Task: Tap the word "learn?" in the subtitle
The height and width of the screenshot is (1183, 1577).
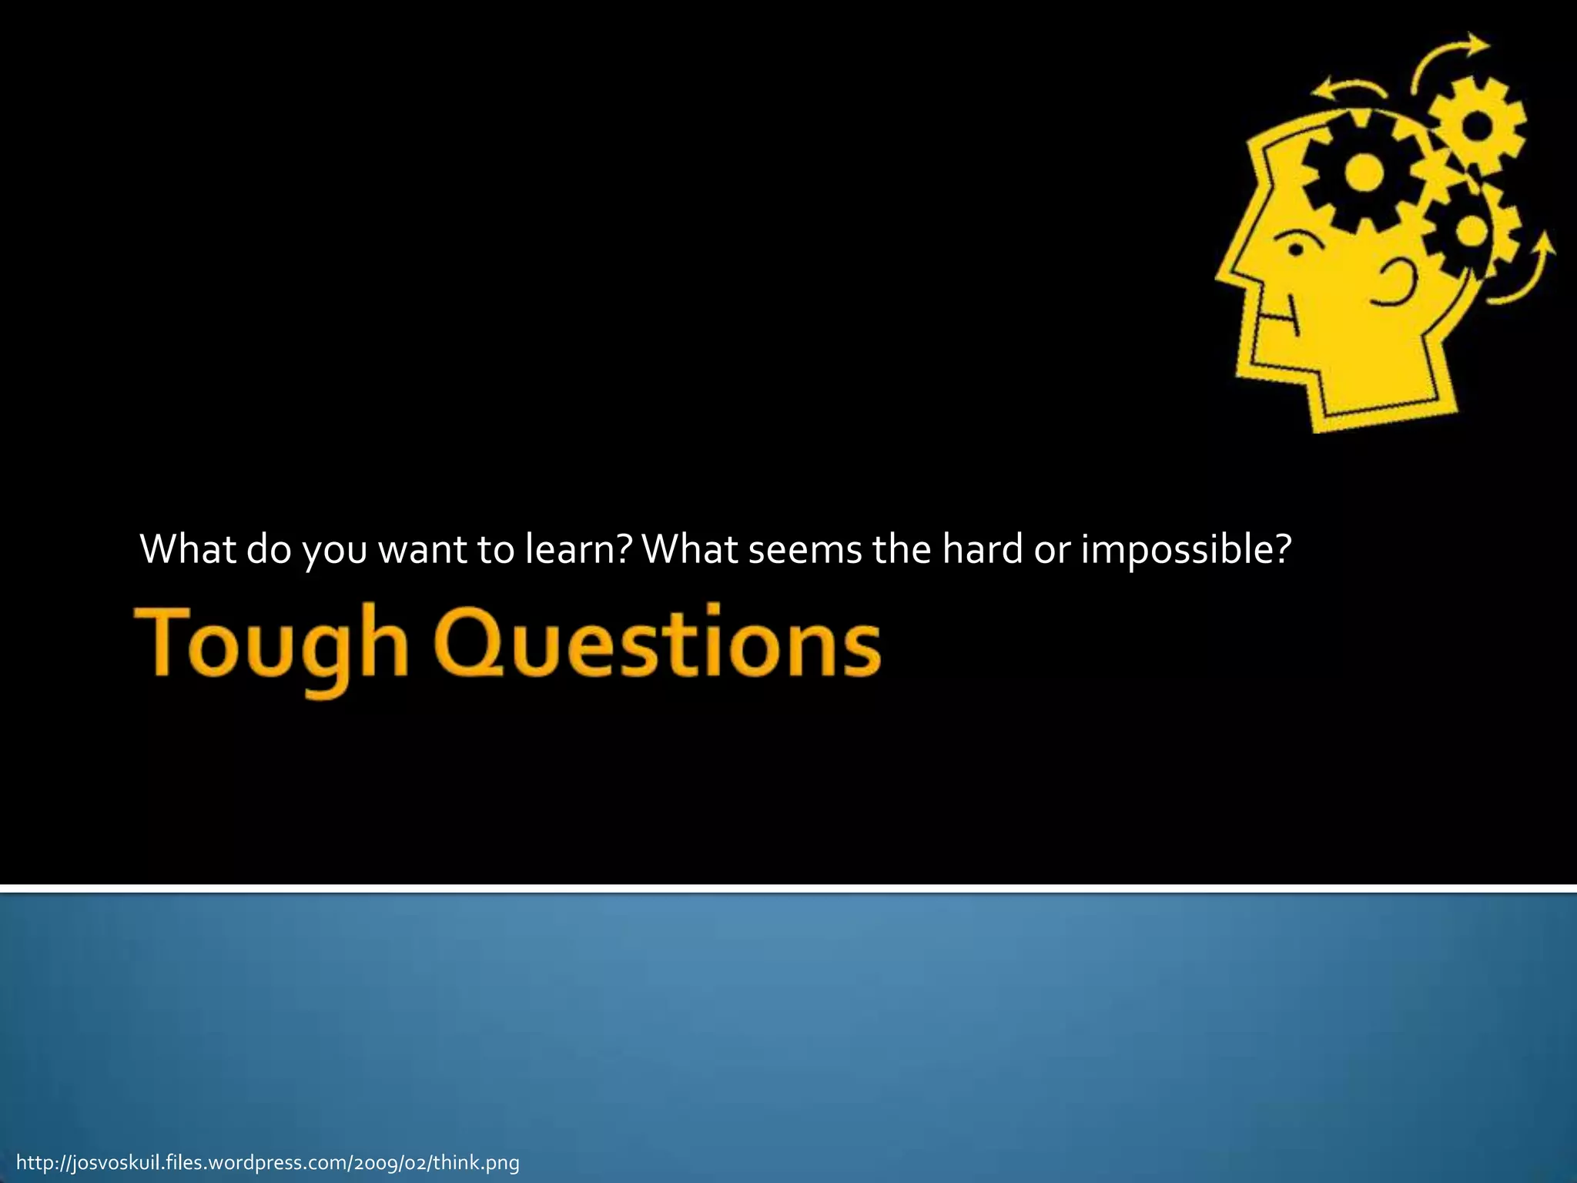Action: [x=578, y=549]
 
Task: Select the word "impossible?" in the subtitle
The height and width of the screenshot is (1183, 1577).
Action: [x=1186, y=549]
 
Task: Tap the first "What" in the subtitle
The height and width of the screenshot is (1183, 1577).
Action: [x=188, y=549]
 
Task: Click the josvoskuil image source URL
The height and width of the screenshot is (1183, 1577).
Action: [x=268, y=1162]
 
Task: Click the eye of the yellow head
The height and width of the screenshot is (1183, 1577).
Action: [x=1296, y=250]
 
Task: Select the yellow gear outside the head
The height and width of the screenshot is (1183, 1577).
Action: [x=1477, y=125]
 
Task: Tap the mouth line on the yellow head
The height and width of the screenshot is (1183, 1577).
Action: [x=1278, y=316]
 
